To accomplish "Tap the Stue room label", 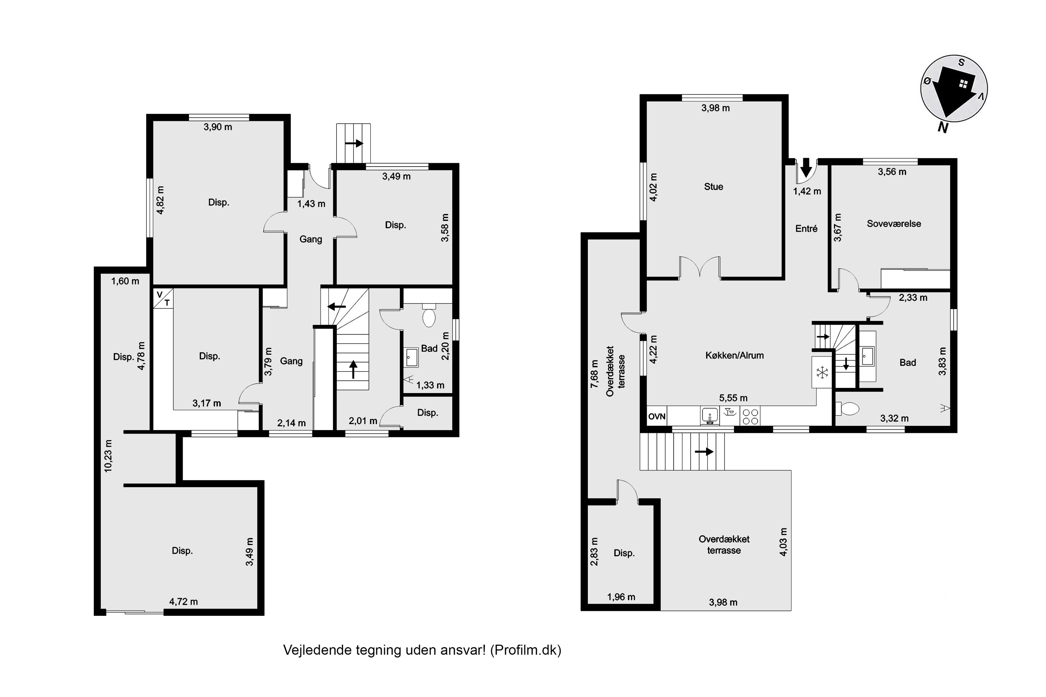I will point(713,187).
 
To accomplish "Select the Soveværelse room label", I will point(893,224).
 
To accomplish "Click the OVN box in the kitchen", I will point(657,416).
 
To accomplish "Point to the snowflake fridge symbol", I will point(822,373).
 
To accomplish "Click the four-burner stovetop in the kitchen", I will point(750,416).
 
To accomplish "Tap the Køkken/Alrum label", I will point(734,355).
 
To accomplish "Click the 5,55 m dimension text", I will point(733,398).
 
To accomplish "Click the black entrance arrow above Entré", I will point(806,168).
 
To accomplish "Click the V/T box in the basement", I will point(163,298).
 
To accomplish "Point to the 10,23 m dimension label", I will point(108,455).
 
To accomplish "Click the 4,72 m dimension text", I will point(183,602).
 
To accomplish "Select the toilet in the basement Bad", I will point(429,316).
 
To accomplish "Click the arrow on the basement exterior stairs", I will point(354,143).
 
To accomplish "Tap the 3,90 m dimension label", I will point(218,127).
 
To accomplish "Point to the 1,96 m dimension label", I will point(621,597).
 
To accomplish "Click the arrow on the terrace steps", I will point(704,452).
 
